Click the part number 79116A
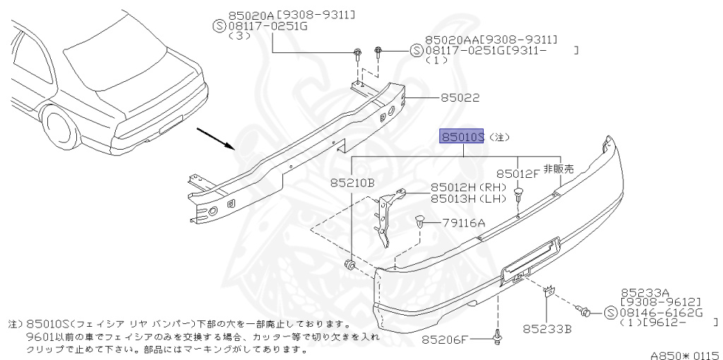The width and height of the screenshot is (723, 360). click(x=464, y=222)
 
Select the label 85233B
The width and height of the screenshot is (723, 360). click(x=547, y=328)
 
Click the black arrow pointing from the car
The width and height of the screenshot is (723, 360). click(x=215, y=138)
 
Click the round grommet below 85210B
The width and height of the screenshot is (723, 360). click(x=350, y=266)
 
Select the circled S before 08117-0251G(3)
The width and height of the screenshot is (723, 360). click(x=219, y=27)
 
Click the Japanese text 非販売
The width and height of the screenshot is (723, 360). click(x=558, y=169)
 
